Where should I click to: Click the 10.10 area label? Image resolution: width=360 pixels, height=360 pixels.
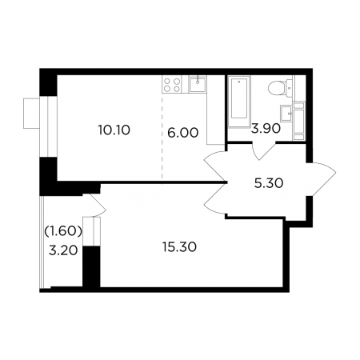pos(114,130)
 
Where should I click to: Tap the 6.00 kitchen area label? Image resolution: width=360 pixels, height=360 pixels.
pos(183,133)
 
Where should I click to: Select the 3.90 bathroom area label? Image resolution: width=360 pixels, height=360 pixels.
pos(266,129)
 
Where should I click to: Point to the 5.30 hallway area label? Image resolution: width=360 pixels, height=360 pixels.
pos(269,183)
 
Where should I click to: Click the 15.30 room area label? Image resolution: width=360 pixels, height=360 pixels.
pos(179,247)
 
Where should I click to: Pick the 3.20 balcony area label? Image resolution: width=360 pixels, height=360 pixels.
pos(63,250)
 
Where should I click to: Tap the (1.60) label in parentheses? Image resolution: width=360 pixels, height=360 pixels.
pos(63,231)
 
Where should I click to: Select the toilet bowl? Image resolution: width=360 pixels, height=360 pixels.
pos(276,88)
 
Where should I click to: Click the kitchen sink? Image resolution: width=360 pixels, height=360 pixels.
pos(198,84)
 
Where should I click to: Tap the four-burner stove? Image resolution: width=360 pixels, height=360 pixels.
pos(172,84)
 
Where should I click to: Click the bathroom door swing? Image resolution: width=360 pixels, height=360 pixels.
pos(263,151)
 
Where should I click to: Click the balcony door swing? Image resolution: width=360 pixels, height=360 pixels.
pos(97,205)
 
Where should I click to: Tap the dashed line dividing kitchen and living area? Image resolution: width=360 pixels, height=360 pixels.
pos(162,138)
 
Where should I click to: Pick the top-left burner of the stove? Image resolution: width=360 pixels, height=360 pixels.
pos(167,81)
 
